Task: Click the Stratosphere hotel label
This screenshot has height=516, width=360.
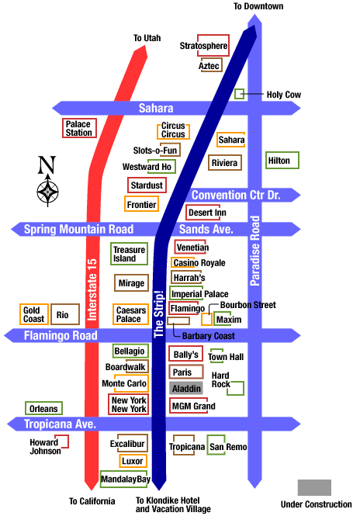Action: (204, 46)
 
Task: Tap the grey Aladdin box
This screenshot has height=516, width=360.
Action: (186, 388)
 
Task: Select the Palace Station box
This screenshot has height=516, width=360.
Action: (79, 128)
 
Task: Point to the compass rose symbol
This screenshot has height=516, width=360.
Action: (47, 191)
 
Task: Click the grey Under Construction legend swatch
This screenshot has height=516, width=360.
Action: (314, 487)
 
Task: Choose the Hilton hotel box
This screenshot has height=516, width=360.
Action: (282, 161)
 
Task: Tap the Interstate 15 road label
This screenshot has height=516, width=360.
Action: (92, 289)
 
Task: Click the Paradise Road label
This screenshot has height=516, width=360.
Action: (254, 251)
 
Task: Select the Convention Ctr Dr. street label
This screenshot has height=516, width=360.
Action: (236, 195)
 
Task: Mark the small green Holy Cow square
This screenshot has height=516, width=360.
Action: (239, 94)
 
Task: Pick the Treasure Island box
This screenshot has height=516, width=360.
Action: (129, 254)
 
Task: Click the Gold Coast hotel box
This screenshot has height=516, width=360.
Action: (34, 314)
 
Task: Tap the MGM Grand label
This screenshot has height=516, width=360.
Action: (193, 406)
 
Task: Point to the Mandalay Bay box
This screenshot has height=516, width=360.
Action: (126, 480)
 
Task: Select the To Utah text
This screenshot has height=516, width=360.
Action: (147, 38)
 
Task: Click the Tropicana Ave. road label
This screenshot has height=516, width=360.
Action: (60, 424)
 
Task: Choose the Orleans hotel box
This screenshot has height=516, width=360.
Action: (43, 408)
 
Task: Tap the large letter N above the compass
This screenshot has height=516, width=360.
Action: (47, 164)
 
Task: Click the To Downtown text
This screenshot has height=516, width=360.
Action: (258, 6)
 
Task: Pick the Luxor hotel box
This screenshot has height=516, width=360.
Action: (133, 461)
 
